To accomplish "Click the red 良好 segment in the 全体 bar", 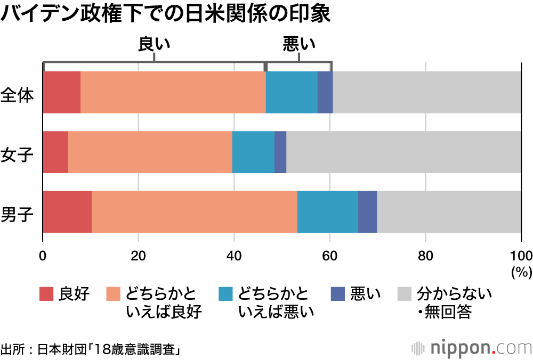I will coord(61,92).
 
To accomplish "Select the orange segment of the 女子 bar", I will coord(150,152).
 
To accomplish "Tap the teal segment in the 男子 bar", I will coord(327,211).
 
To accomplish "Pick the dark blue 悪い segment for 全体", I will coord(325,92).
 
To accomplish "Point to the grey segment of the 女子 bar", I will coord(403,152).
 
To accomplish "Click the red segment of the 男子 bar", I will coord(67,211).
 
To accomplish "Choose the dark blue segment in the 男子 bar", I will coord(367,211).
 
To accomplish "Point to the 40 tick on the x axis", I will coord(234,254).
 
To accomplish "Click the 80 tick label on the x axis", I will coord(425,254).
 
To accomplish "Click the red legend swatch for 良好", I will coord(46,293).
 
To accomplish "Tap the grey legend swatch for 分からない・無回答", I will coord(405,293).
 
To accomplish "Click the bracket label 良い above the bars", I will coord(154,44).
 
